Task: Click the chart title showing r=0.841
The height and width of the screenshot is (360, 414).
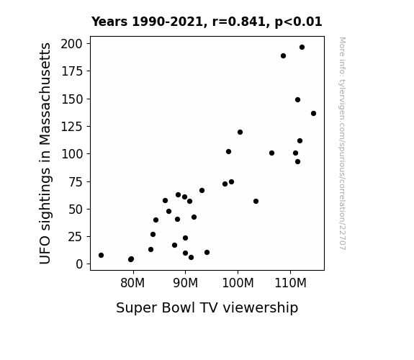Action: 207,22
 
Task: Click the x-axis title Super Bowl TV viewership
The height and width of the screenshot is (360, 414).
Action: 207,307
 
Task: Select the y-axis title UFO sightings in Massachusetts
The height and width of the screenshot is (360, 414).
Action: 45,153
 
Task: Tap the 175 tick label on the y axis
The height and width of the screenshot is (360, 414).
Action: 72,71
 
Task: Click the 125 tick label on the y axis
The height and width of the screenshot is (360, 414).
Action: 72,127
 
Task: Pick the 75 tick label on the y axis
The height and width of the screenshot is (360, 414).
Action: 76,181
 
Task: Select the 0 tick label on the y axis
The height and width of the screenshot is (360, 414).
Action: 79,264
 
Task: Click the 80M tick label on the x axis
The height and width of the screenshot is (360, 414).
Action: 132,283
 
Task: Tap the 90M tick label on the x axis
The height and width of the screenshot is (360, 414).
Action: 185,283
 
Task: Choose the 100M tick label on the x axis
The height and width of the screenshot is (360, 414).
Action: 238,283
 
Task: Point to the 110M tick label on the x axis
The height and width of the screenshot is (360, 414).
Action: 290,283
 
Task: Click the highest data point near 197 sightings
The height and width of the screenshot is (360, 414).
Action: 302,48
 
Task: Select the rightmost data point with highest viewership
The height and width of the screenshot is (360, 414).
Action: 313,114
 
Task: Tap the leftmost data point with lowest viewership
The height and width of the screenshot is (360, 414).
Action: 101,255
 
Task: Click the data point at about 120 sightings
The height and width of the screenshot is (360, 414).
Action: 240,132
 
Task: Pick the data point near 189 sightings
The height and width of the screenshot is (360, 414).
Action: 283,56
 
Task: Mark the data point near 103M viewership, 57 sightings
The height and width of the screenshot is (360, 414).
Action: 256,202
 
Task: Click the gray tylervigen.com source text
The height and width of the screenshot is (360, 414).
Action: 342,143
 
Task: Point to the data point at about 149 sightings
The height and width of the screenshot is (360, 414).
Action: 297,100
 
